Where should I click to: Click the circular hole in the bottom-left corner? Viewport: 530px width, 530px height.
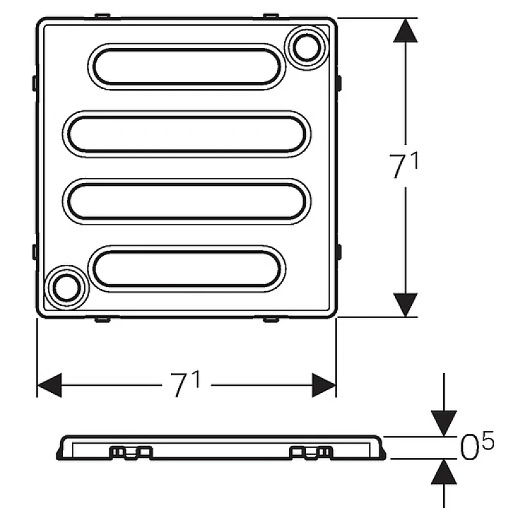coord(66,288)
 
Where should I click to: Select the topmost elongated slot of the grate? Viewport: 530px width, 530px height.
coord(187,66)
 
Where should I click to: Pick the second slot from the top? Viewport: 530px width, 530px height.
coord(187,134)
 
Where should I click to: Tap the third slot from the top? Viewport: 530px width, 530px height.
coord(187,201)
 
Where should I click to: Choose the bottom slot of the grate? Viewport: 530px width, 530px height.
coord(187,269)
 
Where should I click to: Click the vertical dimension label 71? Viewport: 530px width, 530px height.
coord(404,165)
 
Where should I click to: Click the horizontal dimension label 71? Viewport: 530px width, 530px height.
coord(185,384)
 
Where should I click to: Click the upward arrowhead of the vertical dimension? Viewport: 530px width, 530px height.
coord(406,30)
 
